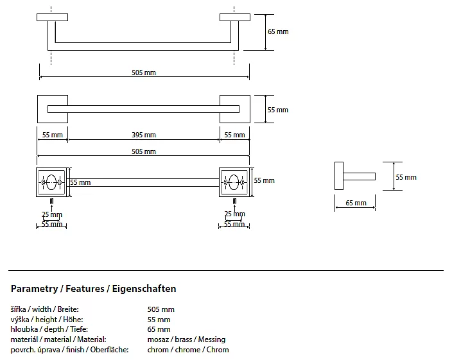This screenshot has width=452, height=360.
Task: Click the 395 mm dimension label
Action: tap(144, 135)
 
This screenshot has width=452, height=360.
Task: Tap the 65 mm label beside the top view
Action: tap(278, 31)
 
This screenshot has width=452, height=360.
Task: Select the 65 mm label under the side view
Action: tap(356, 203)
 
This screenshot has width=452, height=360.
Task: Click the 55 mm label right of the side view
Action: tap(406, 177)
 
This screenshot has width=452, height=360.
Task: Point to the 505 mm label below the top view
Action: tap(144, 73)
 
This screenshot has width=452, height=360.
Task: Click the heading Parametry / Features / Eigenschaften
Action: tap(94, 289)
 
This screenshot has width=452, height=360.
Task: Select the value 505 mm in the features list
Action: tap(161, 309)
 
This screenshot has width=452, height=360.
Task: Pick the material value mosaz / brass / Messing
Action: tap(186, 339)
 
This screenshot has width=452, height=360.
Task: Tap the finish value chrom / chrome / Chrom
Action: tap(188, 350)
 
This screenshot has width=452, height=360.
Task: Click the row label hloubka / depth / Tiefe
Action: tap(49, 329)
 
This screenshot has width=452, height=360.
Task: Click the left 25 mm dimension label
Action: tap(52, 214)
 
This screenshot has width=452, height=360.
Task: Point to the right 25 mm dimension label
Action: tap(234, 214)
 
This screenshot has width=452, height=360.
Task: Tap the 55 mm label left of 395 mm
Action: tap(52, 135)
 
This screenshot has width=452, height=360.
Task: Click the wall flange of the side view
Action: tap(338, 176)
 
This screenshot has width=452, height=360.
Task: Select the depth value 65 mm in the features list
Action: tap(159, 329)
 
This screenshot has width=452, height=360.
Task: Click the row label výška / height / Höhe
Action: tap(47, 320)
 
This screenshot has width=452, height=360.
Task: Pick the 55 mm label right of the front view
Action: tap(278, 110)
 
